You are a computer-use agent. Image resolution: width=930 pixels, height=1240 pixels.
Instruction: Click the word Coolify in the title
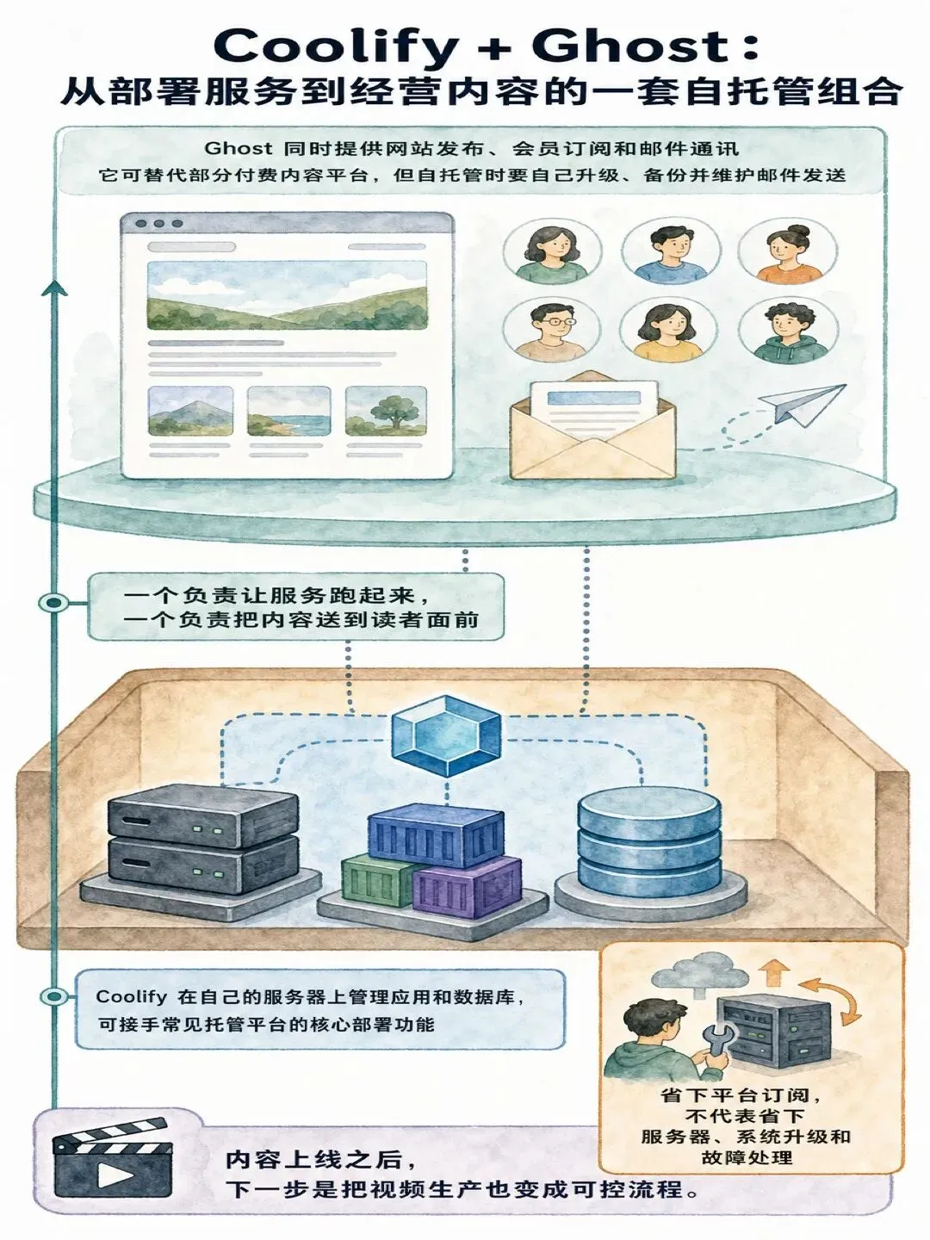click(x=336, y=46)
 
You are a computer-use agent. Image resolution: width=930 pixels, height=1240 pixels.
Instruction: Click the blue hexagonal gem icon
click(x=447, y=735)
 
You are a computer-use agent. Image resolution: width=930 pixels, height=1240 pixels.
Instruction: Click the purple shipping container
click(x=468, y=886)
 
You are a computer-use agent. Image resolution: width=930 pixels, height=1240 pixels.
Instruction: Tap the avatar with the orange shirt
click(x=788, y=252)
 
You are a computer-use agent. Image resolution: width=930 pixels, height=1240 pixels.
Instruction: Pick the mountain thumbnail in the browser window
click(x=190, y=411)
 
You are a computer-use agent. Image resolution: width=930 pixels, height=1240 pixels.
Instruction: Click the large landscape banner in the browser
click(x=287, y=294)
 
